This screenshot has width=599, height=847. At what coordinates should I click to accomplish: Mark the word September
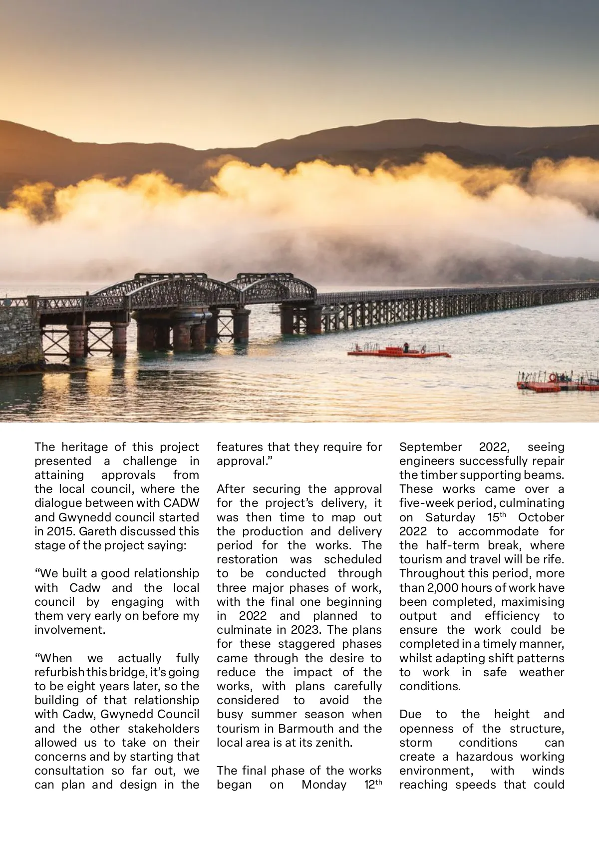point(431,447)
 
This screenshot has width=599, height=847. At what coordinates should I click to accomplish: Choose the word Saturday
point(450,517)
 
